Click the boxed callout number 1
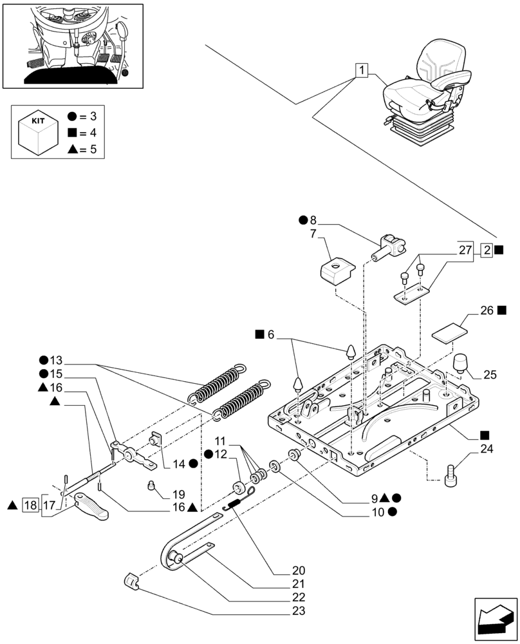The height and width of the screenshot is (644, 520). (362, 70)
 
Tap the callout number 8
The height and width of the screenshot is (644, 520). (313, 220)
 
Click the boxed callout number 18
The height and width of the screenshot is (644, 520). (30, 505)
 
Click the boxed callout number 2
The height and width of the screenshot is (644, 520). (487, 250)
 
